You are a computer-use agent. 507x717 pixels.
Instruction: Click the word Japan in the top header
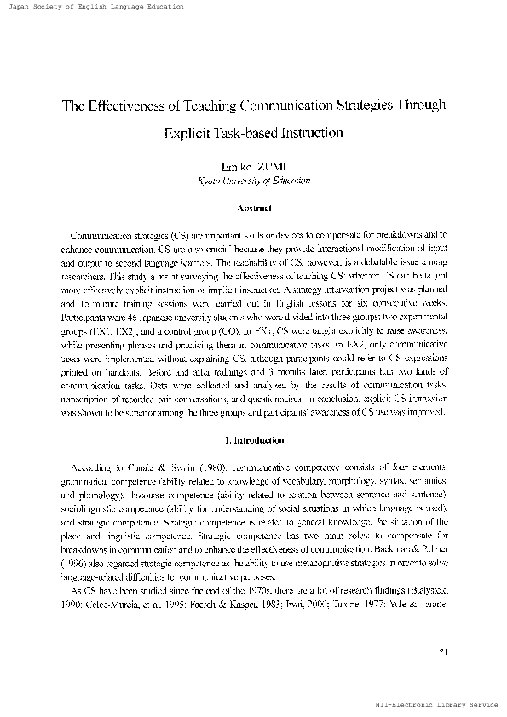coord(19,6)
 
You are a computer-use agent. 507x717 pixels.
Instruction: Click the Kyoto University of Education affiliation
coord(253,181)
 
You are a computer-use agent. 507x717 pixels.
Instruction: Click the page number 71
coord(442,653)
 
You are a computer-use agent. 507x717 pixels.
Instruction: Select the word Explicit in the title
coord(190,133)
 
